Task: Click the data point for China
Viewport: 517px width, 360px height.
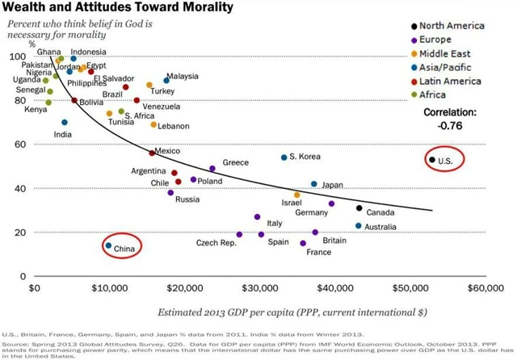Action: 108,245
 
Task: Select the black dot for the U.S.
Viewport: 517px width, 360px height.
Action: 432,160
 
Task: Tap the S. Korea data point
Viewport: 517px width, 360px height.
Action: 284,157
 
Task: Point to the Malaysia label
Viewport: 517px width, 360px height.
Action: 183,77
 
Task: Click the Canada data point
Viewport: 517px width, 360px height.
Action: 359,208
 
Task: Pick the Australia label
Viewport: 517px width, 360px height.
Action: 380,227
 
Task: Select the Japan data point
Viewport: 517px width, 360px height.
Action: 314,184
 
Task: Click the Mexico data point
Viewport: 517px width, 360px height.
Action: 152,153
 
